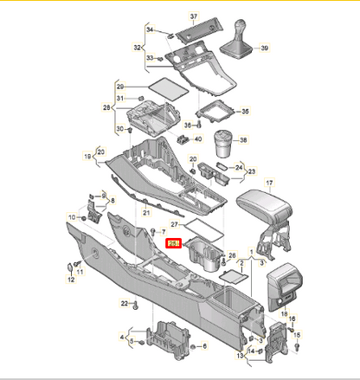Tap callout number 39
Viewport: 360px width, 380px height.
(x=263, y=48)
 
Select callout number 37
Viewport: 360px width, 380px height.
(x=194, y=16)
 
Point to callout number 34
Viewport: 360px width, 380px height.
(x=149, y=29)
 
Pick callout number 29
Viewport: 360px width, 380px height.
(x=120, y=87)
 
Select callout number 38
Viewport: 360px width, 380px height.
(x=243, y=140)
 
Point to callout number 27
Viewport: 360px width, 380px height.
(x=174, y=224)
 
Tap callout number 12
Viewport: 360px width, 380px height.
(x=70, y=280)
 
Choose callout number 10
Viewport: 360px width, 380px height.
(x=71, y=216)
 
